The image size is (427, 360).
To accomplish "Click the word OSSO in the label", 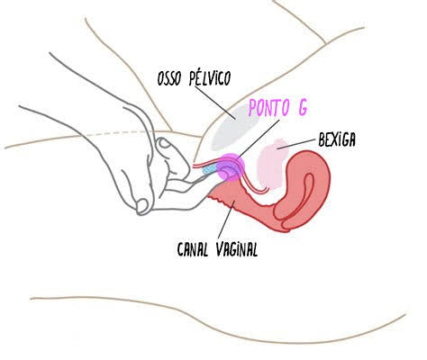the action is (x=169, y=78).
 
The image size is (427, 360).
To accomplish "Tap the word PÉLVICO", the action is (x=210, y=78).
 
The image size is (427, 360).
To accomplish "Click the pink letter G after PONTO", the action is (x=303, y=108).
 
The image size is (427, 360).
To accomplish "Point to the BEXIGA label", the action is (x=337, y=139).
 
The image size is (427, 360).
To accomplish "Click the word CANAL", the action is (x=193, y=249).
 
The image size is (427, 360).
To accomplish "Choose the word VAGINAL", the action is (x=237, y=249).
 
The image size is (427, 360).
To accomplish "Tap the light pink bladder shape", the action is (x=272, y=164).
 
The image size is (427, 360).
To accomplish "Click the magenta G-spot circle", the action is (x=231, y=167).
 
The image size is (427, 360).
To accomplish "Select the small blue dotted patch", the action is (x=210, y=170).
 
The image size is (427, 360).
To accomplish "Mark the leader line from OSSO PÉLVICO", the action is (x=215, y=103).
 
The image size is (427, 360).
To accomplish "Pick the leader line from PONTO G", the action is (x=258, y=139).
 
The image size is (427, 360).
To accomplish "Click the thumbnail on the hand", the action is (x=164, y=142).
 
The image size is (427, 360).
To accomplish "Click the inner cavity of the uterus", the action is (x=307, y=192).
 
